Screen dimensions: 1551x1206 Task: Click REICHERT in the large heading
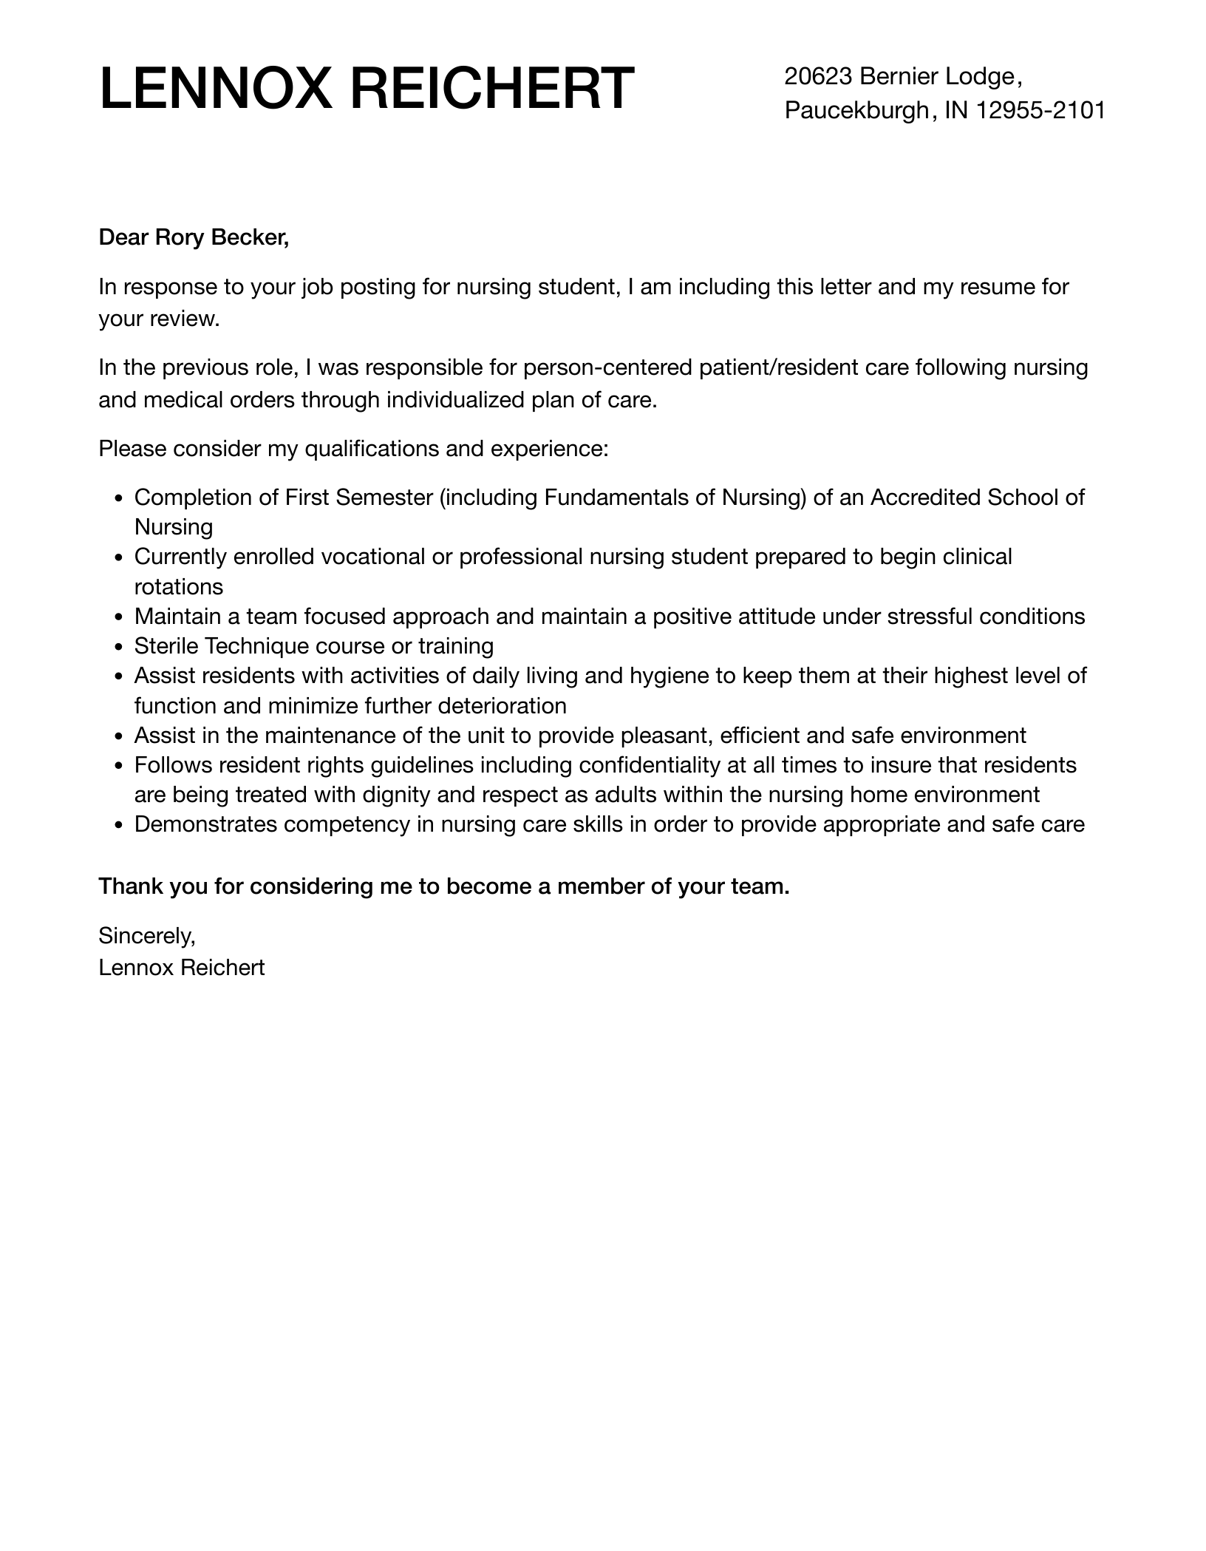pos(491,89)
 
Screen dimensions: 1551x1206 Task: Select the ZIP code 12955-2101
pos(1040,110)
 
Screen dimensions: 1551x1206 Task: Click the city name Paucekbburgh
pos(856,110)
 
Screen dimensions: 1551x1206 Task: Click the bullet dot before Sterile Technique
pos(118,647)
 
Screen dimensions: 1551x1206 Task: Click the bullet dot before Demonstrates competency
pos(118,826)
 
